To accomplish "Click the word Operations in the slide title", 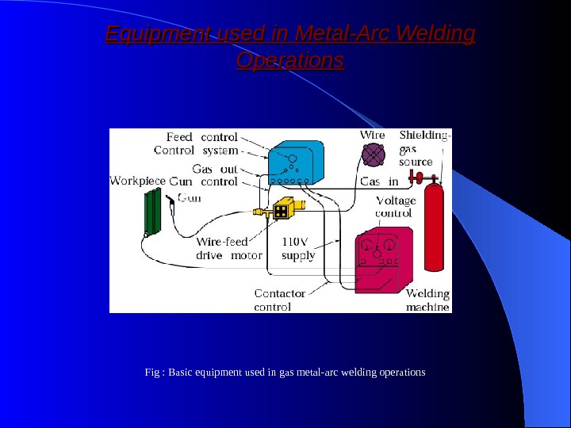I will click(290, 60).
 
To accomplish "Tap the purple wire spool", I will click(374, 156).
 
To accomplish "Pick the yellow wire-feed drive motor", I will click(282, 210).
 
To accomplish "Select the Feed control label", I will click(202, 136).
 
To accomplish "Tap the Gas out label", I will click(215, 169).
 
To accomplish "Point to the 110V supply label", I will click(299, 249).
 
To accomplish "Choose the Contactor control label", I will click(279, 300).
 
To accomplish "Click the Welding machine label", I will click(427, 300).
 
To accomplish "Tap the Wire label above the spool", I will click(373, 135).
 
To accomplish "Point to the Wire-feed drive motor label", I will click(223, 249).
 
